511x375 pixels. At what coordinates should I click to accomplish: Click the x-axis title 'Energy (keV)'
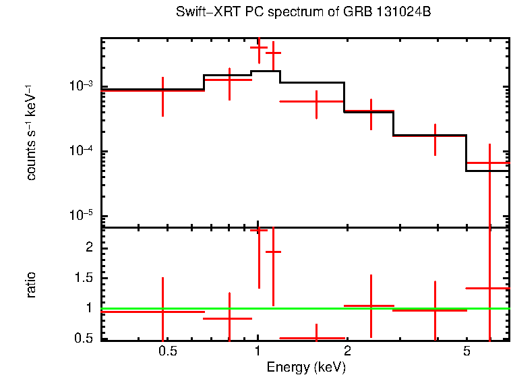tap(307, 367)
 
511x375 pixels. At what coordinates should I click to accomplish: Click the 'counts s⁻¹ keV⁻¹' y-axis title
tap(31, 132)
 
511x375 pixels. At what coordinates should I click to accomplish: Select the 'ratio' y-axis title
tap(31, 285)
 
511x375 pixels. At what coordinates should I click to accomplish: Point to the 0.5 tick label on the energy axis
tap(167, 351)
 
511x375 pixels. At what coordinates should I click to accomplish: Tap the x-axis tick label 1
tap(258, 351)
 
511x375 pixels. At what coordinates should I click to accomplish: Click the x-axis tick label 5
tap(466, 351)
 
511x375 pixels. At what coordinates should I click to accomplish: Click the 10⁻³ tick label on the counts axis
tap(80, 86)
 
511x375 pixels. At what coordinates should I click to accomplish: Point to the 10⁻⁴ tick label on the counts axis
tap(80, 151)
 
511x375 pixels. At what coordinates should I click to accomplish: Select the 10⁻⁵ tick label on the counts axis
tap(80, 216)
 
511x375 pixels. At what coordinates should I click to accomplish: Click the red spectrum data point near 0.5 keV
tap(162, 90)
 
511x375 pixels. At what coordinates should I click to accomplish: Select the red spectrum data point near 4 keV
tap(435, 136)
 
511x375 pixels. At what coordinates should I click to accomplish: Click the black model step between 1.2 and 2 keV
tap(311, 82)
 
